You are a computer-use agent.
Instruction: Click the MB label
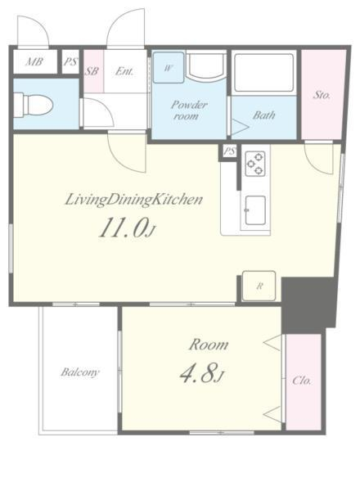click(34, 61)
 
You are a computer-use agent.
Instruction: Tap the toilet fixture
click(33, 105)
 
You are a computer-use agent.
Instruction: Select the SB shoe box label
click(92, 71)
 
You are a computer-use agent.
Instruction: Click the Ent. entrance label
click(124, 71)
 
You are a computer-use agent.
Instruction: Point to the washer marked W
click(168, 67)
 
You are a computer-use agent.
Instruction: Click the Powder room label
click(189, 110)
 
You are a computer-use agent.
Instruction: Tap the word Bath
click(264, 115)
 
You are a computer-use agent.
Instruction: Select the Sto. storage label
click(322, 95)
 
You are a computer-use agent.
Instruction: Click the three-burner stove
click(255, 164)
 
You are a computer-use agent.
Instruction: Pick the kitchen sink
click(255, 210)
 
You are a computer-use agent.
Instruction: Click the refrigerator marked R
click(259, 286)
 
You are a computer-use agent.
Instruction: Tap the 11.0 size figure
click(127, 228)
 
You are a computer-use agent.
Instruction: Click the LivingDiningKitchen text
click(133, 200)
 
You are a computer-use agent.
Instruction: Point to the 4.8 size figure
click(202, 373)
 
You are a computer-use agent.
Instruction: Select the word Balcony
click(80, 372)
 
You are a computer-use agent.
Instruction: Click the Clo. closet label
click(302, 381)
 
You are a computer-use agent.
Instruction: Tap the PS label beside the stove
click(229, 151)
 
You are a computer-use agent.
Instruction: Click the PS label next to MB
click(70, 61)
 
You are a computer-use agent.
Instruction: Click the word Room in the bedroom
click(209, 345)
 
